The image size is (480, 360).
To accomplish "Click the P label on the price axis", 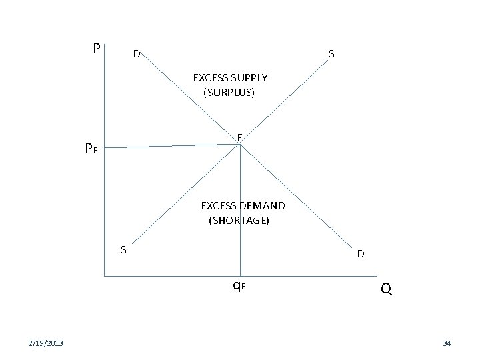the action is pyautogui.click(x=97, y=49).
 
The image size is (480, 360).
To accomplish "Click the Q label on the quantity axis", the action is pyautogui.click(x=386, y=289).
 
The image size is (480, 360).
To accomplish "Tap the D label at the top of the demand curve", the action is pyautogui.click(x=135, y=53).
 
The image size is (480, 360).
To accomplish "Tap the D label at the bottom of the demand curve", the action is pyautogui.click(x=360, y=253).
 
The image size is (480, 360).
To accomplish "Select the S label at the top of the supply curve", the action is pyautogui.click(x=331, y=54).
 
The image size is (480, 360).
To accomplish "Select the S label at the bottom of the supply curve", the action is pyautogui.click(x=123, y=250).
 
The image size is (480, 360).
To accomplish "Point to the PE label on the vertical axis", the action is pyautogui.click(x=92, y=149).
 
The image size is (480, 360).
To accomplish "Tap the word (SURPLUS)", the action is pyautogui.click(x=229, y=92).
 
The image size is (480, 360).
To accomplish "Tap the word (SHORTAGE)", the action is pyautogui.click(x=239, y=219).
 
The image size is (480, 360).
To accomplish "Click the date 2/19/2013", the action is pyautogui.click(x=46, y=343).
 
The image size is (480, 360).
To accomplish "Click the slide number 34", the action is pyautogui.click(x=447, y=343).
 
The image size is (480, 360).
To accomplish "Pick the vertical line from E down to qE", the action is pyautogui.click(x=240, y=213).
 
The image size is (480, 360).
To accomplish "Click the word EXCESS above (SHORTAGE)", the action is pyautogui.click(x=219, y=205).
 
